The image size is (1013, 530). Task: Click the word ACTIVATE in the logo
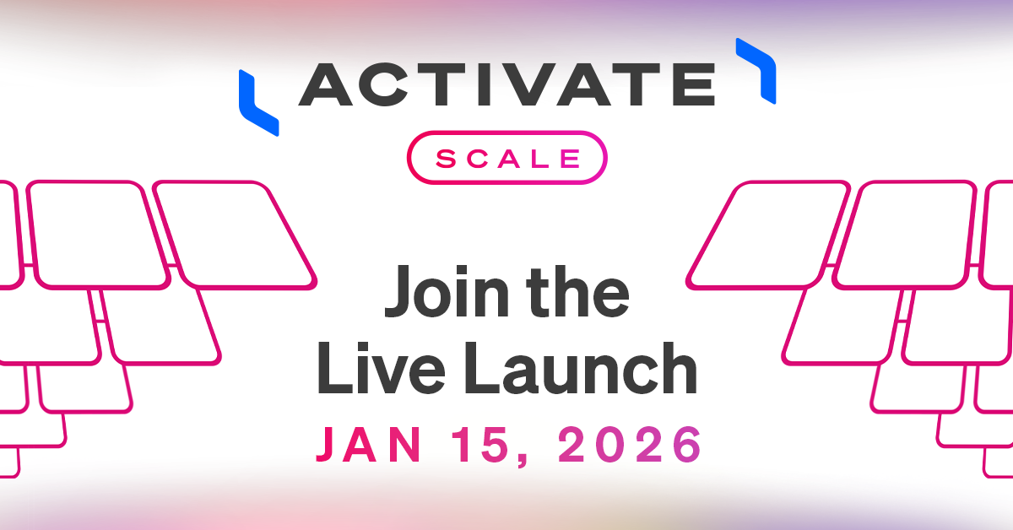point(507,84)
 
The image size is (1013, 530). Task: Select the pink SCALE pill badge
point(507,157)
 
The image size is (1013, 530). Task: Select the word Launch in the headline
point(581,368)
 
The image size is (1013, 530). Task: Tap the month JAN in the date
point(369,445)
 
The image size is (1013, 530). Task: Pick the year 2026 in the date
point(630,445)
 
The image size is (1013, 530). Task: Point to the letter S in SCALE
point(447,159)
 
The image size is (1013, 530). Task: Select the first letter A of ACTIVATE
point(326,84)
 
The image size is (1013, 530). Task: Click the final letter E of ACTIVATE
point(694,84)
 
